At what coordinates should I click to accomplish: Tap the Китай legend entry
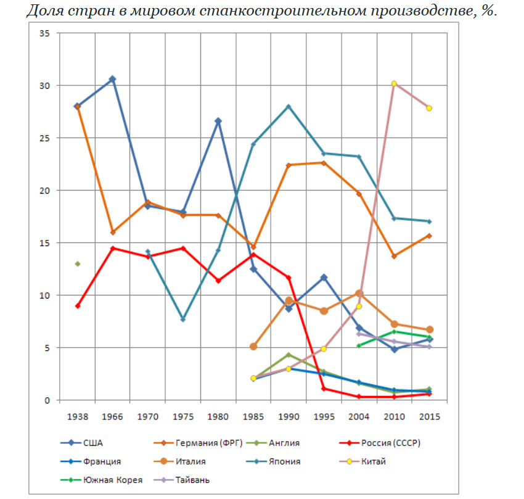pos(374,461)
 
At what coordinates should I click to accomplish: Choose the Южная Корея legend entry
pos(113,480)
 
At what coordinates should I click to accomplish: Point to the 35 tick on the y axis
pos(44,33)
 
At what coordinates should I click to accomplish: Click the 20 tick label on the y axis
pos(44,191)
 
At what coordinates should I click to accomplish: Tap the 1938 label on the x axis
pos(77,416)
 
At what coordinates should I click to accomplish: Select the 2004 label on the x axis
pos(359,416)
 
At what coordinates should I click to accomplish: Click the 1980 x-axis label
pos(218,416)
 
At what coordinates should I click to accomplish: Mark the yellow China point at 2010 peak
pos(394,83)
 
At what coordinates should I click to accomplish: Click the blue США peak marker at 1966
pos(112,79)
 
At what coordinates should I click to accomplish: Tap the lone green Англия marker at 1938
pos(77,264)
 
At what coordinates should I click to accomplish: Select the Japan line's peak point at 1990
pos(289,106)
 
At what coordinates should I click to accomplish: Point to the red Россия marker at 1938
pos(77,306)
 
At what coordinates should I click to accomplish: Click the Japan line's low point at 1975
pos(183,320)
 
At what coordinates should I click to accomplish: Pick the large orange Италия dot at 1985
pos(253,347)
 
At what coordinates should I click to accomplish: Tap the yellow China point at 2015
pos(429,108)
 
